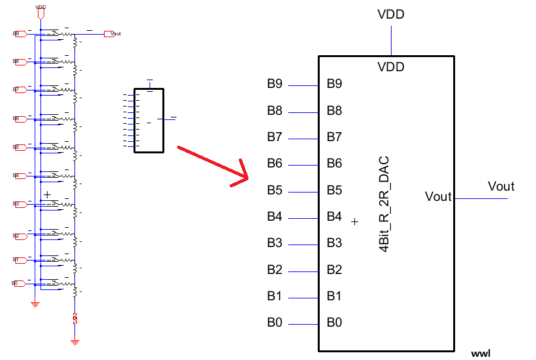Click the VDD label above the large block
(391, 14)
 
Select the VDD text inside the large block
(391, 67)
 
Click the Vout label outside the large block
(501, 186)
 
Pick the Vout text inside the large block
(438, 196)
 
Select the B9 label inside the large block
(334, 83)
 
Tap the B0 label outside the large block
(275, 322)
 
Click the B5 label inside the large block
(334, 190)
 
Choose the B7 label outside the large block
(275, 137)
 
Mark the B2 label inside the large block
(334, 270)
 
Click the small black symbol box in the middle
(149, 120)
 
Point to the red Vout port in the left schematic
(116, 33)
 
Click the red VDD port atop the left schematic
(40, 11)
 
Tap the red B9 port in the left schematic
(19, 33)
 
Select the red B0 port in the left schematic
(19, 282)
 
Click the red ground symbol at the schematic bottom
(75, 342)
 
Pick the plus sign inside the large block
(355, 221)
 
